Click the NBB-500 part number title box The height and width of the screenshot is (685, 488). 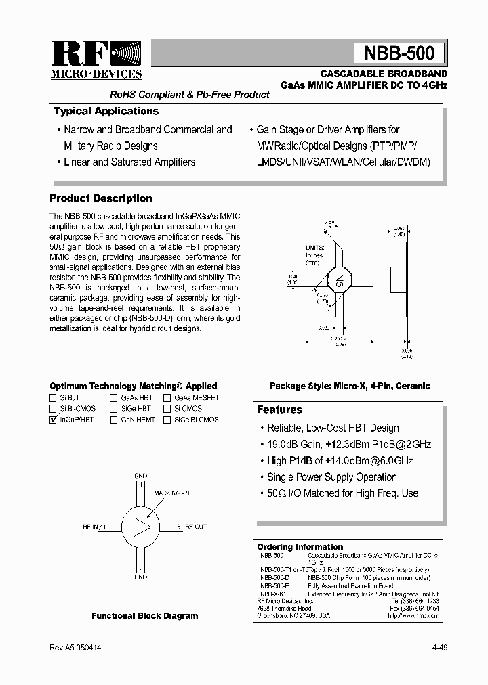399,53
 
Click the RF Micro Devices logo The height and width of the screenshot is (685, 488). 96,60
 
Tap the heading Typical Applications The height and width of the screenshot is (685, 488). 106,112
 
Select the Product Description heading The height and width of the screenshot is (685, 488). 101,198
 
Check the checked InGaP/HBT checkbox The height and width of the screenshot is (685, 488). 54,420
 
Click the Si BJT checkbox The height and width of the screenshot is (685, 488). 54,398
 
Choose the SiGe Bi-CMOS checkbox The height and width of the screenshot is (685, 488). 167,420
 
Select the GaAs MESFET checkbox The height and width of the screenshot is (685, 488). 167,398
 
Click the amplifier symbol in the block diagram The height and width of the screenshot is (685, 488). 141,525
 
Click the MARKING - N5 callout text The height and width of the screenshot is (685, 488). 174,493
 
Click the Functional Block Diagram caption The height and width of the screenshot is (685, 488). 145,616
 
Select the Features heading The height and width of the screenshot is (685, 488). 279,410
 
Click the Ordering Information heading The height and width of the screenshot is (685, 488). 300,547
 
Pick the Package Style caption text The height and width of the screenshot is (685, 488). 350,386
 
